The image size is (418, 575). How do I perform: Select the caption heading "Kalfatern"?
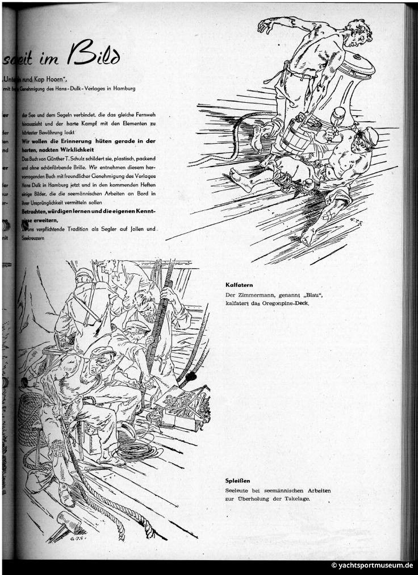pos(239,285)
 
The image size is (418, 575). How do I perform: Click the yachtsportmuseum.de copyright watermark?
pos(372,566)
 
